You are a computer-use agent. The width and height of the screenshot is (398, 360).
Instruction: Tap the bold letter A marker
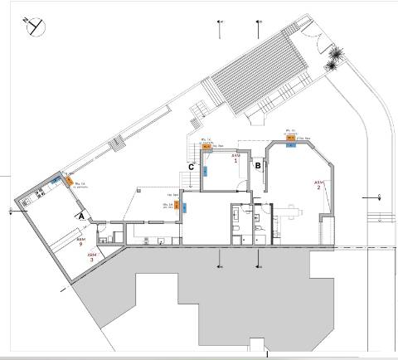tap(80, 214)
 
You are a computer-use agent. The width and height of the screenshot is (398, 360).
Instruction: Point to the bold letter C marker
tap(192, 167)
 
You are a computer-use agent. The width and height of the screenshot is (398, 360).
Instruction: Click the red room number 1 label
tap(235, 158)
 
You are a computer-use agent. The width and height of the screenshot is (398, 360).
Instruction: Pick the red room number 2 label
tap(318, 185)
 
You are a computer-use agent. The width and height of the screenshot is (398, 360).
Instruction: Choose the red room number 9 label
tap(80, 245)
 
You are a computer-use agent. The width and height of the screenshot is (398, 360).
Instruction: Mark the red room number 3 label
tap(93, 256)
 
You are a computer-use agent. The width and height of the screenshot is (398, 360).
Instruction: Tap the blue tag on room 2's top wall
tap(291, 144)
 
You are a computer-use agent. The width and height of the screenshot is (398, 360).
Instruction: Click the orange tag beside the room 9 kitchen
tap(68, 180)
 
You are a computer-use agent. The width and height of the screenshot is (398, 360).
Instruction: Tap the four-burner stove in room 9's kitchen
tap(39, 196)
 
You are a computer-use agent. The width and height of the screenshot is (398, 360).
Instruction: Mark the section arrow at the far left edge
tap(10, 211)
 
